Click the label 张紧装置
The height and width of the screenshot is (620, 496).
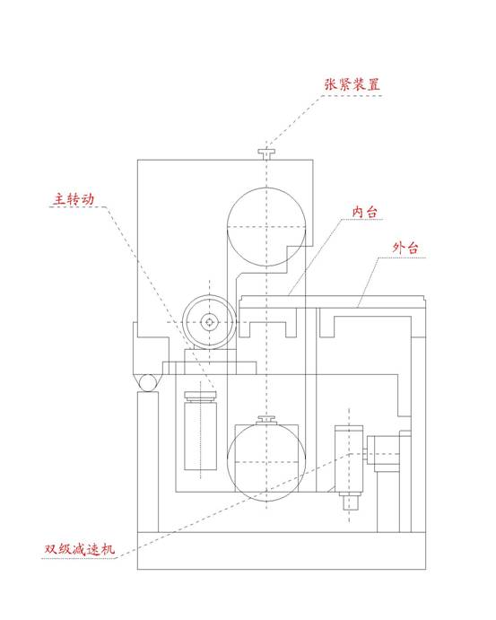[352, 84]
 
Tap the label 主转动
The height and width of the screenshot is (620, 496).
[74, 199]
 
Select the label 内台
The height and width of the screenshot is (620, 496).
[364, 212]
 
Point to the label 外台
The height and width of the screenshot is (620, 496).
[405, 248]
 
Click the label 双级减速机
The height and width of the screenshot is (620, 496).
[80, 549]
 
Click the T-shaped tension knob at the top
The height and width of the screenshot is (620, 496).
[266, 154]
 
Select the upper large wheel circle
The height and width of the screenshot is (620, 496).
[266, 188]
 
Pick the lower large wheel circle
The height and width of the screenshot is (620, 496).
[266, 423]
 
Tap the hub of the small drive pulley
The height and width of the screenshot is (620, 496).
[209, 322]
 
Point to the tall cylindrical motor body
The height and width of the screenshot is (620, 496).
[200, 436]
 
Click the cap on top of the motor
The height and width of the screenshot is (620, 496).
[200, 396]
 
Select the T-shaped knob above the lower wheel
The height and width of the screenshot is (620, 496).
[266, 420]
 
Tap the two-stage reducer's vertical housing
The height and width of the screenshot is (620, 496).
[349, 458]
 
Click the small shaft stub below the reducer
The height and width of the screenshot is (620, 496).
[349, 502]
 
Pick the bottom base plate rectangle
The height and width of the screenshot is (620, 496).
[282, 551]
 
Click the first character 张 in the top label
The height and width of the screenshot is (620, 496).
[331, 84]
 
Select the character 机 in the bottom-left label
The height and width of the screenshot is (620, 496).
[109, 549]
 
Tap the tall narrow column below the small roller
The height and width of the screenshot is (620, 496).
[148, 462]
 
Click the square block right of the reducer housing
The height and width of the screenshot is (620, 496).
[383, 453]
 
